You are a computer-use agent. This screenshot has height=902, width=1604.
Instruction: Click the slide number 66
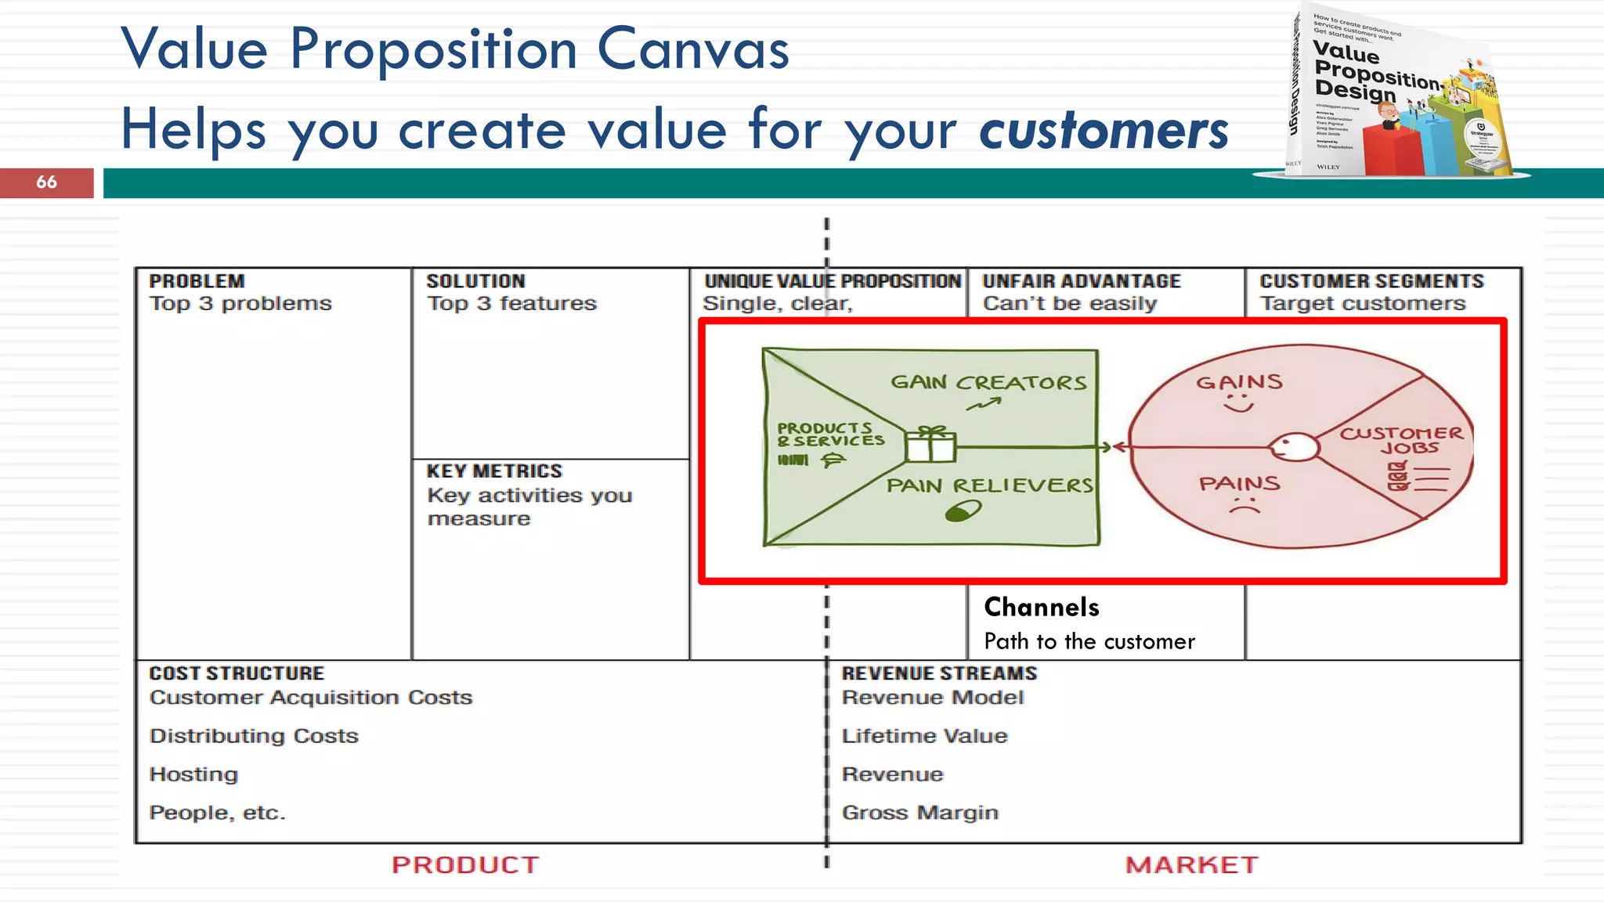coord(46,182)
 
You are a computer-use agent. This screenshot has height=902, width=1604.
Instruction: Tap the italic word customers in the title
coord(1104,130)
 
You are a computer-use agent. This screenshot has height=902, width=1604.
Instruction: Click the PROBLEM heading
coord(197,281)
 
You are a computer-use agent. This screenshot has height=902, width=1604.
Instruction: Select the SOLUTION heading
coord(475,281)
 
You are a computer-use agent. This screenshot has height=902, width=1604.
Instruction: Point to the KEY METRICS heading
coord(494,471)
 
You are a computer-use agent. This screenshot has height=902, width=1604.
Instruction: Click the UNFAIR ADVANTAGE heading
coord(1082,281)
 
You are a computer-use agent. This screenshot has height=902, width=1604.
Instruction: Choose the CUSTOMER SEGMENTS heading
coord(1371,281)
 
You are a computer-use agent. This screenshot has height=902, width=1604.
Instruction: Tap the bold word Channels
coord(1042,607)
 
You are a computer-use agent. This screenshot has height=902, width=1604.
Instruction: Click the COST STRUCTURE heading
coord(237,673)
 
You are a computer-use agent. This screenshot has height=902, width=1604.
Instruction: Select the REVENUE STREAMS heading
coord(939,673)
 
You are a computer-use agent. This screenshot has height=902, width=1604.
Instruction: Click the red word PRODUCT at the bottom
coord(465,864)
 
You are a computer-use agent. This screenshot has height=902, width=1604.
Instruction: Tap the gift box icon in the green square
coord(930,444)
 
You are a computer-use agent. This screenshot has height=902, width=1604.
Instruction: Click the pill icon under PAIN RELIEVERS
coord(963,512)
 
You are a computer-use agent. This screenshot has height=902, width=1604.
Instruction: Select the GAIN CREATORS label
coord(988,382)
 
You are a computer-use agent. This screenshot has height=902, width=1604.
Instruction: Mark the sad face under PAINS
coord(1244,506)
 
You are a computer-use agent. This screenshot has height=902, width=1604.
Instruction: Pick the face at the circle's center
coord(1293,448)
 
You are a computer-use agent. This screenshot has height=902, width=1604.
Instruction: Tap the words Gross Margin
coord(919,813)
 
